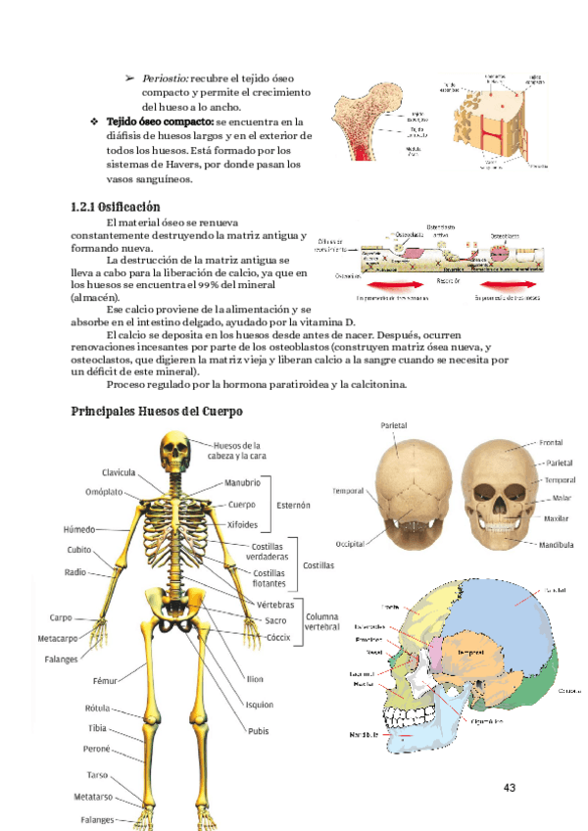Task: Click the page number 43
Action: tap(509, 788)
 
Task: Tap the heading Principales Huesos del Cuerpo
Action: tap(157, 411)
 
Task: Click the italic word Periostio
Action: tap(166, 77)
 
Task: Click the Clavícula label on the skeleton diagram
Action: tap(119, 472)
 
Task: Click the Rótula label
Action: tap(96, 708)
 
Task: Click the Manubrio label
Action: tap(242, 483)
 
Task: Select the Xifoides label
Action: tap(242, 524)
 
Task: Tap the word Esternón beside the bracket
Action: tap(291, 505)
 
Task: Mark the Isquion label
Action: tap(260, 704)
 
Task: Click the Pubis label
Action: tap(258, 730)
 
